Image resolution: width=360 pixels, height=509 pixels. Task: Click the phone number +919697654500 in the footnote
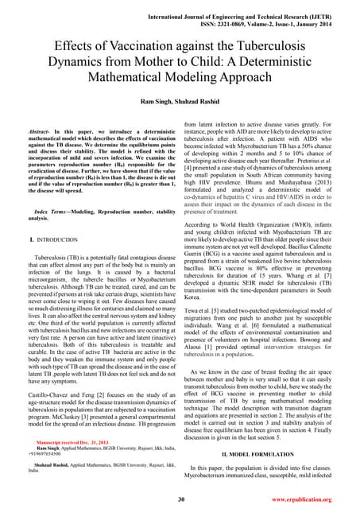pyautogui.click(x=46, y=453)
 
